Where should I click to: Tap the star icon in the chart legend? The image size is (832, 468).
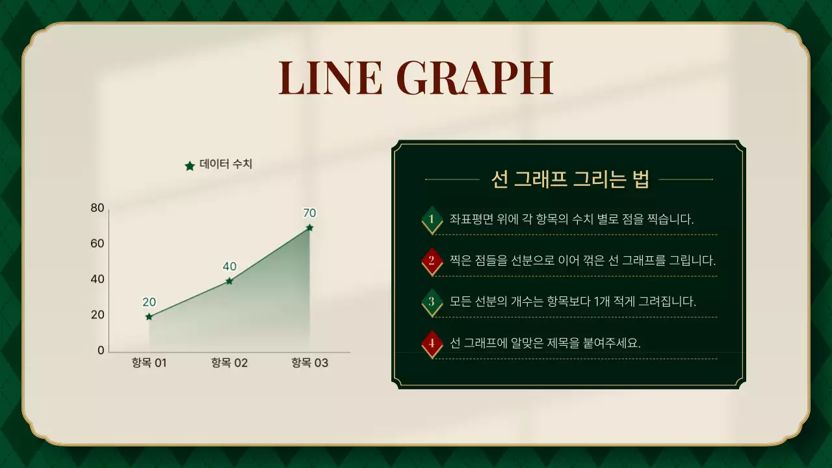click(190, 166)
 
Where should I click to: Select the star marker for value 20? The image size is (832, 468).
click(149, 317)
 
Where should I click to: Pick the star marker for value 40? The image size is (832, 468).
click(229, 281)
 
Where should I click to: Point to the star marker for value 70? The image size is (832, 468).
click(309, 227)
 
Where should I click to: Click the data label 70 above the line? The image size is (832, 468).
click(309, 213)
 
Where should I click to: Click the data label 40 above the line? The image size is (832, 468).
click(229, 266)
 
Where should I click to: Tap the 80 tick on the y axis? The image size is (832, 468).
click(97, 208)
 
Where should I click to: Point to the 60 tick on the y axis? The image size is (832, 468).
click(97, 244)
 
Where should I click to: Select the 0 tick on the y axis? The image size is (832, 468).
click(101, 350)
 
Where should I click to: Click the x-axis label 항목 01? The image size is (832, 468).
click(149, 363)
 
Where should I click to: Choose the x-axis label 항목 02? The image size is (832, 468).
click(229, 363)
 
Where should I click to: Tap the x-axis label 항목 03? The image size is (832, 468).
click(309, 363)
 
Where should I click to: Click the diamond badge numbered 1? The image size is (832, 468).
click(432, 219)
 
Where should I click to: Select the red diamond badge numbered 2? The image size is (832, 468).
click(432, 261)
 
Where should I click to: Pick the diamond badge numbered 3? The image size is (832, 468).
click(432, 302)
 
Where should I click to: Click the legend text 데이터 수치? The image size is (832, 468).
click(226, 164)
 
